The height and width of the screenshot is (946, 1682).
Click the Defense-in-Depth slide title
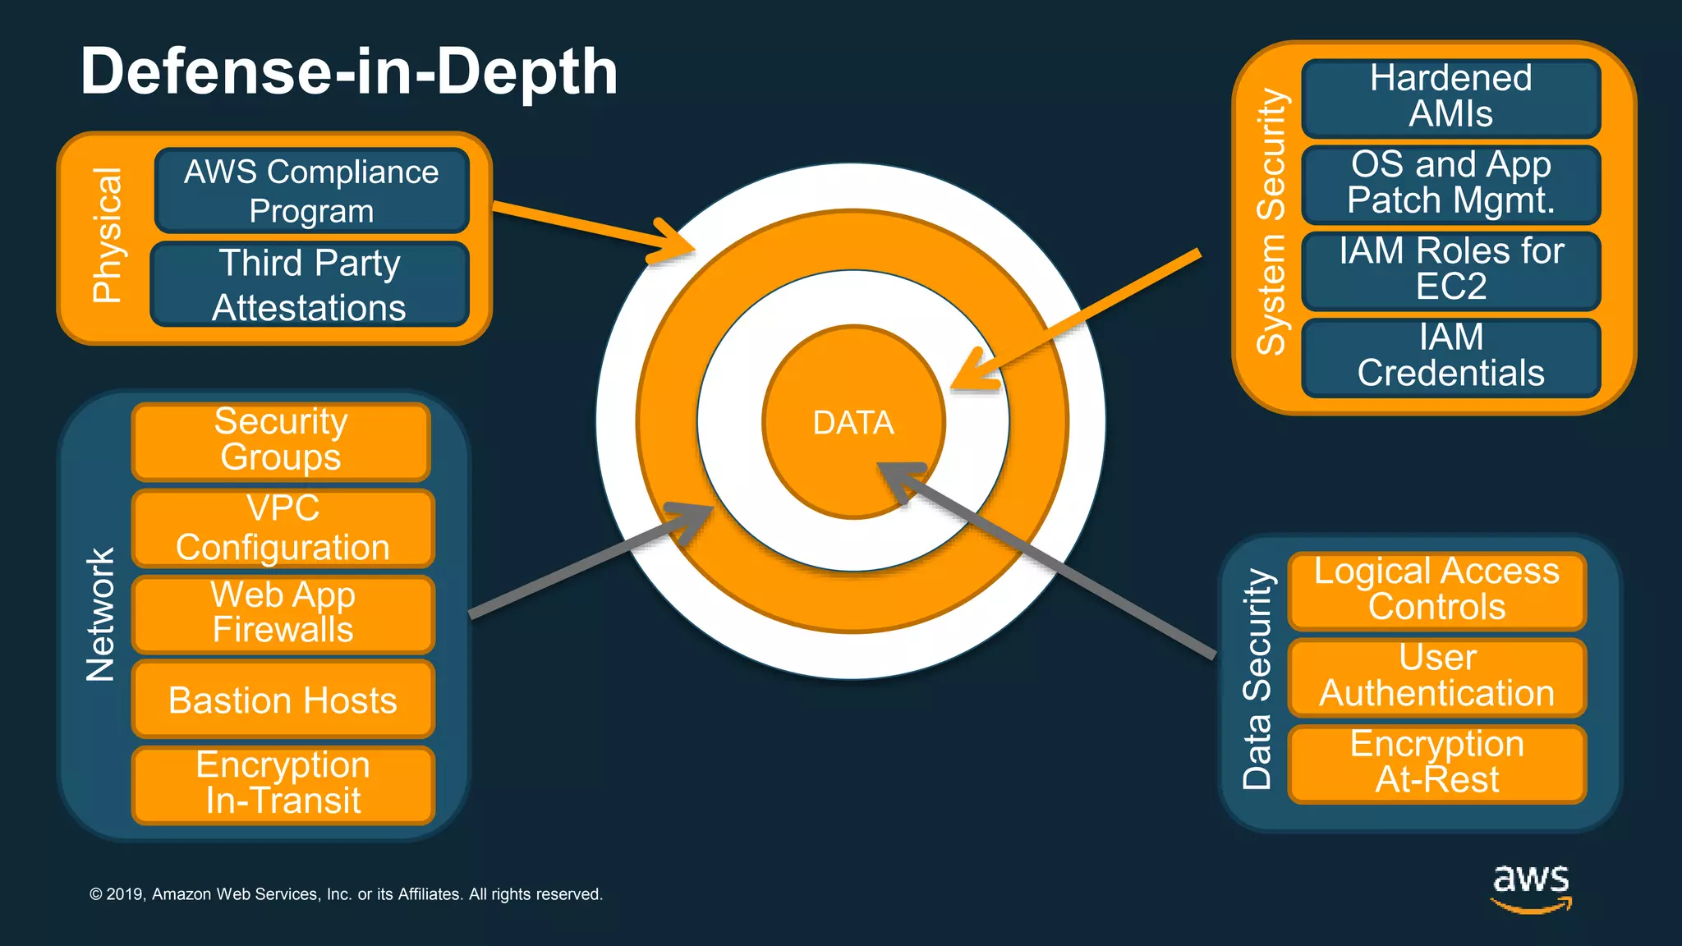(x=349, y=72)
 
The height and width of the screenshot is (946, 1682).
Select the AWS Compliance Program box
(x=311, y=191)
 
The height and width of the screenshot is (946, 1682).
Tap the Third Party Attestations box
(x=310, y=285)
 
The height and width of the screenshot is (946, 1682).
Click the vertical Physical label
(x=107, y=236)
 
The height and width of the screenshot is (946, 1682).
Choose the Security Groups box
(x=281, y=441)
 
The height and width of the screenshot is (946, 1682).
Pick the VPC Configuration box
(x=283, y=528)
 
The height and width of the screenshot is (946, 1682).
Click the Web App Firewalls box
(x=283, y=613)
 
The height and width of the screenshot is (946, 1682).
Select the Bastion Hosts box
(x=283, y=700)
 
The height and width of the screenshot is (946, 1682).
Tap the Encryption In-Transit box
(x=283, y=784)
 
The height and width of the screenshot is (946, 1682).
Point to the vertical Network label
(x=101, y=615)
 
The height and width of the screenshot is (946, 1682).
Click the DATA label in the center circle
(x=853, y=423)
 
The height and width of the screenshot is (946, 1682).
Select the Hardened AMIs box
(x=1450, y=97)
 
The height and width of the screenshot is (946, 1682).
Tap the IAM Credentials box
(x=1450, y=356)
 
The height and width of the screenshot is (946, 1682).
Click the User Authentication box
(x=1436, y=677)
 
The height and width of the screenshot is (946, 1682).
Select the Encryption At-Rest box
(x=1436, y=763)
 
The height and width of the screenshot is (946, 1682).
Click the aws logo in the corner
(x=1531, y=888)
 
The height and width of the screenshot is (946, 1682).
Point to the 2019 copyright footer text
(x=346, y=894)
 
